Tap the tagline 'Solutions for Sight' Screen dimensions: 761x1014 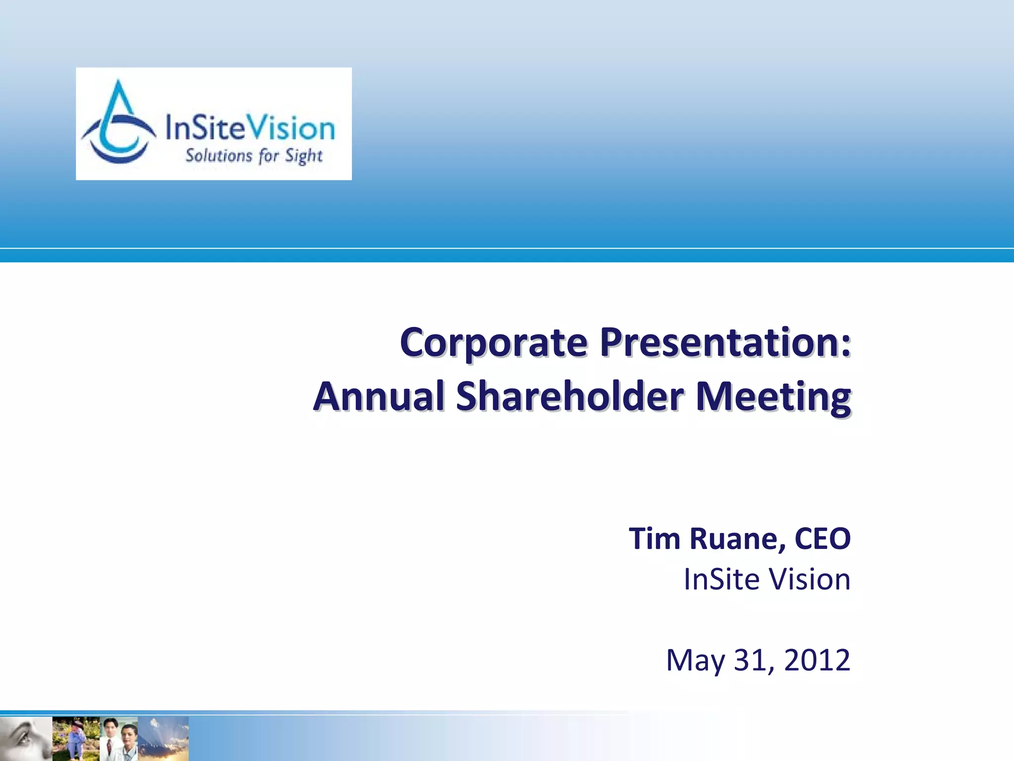(253, 156)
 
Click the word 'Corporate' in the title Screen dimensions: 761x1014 (494, 343)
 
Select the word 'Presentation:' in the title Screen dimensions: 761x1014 (725, 343)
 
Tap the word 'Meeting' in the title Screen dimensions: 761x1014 (773, 397)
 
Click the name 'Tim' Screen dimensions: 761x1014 (654, 539)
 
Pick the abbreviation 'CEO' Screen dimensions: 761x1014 (822, 539)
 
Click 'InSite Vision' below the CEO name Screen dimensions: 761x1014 (767, 579)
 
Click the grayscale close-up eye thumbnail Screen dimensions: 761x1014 (26, 738)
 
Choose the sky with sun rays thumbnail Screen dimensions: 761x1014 (163, 738)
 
